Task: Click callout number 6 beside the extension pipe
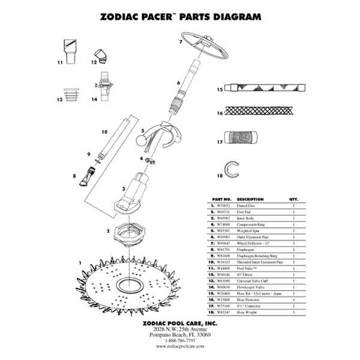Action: (178, 83)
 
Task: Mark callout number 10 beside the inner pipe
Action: (104, 131)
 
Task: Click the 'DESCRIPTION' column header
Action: (250, 199)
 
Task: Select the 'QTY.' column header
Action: (294, 199)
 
